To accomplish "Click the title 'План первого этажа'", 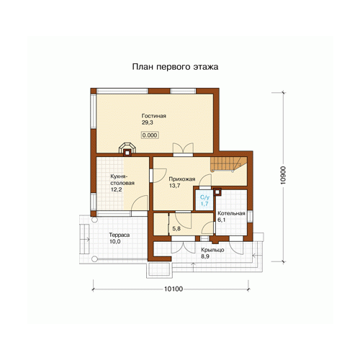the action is [175, 67].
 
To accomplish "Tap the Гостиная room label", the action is [153, 116].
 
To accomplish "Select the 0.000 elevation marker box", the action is [150, 135].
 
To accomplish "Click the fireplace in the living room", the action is [127, 150].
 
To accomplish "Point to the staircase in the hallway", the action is [228, 164].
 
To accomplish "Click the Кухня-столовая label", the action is [122, 179].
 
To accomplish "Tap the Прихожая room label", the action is [182, 179].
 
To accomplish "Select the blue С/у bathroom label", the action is [204, 197].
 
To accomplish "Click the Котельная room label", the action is [231, 213].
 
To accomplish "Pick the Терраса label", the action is [120, 235].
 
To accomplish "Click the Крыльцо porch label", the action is [212, 250].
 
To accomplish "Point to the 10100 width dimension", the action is [174, 289].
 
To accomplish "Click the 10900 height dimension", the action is [283, 175].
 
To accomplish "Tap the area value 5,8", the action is [176, 229].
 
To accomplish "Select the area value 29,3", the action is [147, 122].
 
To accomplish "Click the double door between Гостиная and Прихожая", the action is [184, 149].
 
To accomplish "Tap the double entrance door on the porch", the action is [183, 246].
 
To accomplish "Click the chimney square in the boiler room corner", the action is [217, 192].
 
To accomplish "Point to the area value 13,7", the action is [174, 186].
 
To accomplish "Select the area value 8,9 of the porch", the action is [205, 256].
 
